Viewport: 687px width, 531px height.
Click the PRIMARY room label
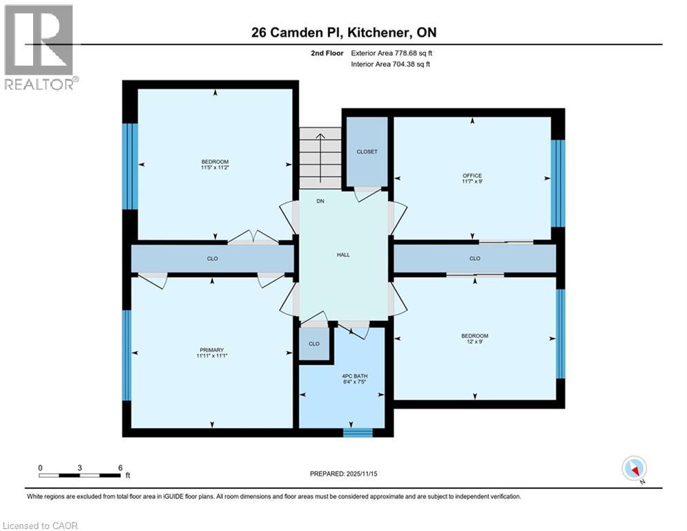(x=212, y=350)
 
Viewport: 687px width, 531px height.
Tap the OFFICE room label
(x=472, y=176)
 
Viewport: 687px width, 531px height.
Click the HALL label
(x=343, y=254)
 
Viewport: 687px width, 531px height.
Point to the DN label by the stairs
(x=320, y=201)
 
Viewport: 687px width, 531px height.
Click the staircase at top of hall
(x=320, y=158)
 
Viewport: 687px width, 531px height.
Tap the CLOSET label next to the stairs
(x=367, y=151)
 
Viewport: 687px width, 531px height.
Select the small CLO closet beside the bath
(x=314, y=344)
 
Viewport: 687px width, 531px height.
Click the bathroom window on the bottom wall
(x=358, y=433)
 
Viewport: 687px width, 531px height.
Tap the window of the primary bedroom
(x=127, y=355)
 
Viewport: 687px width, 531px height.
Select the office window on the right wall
(x=558, y=183)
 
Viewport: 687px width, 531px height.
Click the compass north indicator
(x=633, y=469)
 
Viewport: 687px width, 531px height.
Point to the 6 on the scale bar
(x=120, y=468)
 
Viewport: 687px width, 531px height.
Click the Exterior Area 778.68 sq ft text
(x=392, y=53)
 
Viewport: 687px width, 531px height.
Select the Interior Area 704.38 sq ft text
(x=391, y=64)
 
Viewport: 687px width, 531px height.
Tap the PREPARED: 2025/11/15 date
(x=343, y=474)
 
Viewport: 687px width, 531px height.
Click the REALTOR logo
(x=39, y=47)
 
